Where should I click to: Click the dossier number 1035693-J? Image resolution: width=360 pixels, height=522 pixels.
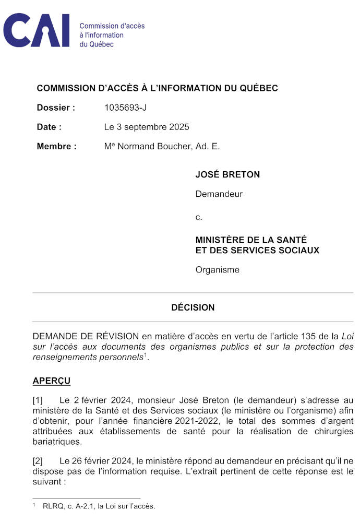click(126, 108)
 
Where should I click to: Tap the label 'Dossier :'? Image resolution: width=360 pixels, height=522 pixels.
click(56, 108)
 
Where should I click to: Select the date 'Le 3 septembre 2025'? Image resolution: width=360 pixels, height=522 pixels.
click(147, 127)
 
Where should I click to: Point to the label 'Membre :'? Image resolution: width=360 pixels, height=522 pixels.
click(56, 146)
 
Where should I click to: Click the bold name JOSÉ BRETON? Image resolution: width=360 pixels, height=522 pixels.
click(227, 175)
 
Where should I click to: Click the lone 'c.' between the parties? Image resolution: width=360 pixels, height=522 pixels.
click(199, 217)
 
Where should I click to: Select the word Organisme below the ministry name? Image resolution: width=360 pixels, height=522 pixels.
click(217, 270)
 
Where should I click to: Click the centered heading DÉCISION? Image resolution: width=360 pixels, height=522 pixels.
click(193, 307)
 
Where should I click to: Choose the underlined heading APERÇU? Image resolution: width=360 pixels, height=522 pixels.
click(52, 381)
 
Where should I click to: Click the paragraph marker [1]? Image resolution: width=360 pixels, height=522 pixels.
click(38, 401)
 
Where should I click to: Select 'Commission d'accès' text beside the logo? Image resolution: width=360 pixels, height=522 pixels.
click(112, 26)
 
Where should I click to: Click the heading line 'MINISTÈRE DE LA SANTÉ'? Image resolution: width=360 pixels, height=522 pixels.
click(251, 240)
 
